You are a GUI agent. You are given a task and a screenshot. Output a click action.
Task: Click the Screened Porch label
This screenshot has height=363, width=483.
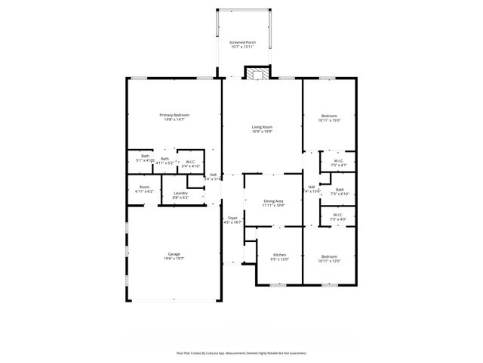(241, 42)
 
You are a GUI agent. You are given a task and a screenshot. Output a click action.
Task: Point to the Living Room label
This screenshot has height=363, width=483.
(262, 127)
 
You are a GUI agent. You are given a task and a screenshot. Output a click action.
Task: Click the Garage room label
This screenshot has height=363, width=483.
(174, 254)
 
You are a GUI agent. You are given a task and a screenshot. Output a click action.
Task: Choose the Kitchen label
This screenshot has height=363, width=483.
(279, 255)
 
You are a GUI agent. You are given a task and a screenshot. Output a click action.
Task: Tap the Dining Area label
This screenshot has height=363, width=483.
(273, 200)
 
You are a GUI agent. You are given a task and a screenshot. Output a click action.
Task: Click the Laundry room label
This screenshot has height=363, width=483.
(180, 193)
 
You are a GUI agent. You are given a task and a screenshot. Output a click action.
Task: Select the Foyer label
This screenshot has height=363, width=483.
(232, 219)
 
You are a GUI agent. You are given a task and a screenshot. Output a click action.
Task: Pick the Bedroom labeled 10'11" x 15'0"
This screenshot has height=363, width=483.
(329, 116)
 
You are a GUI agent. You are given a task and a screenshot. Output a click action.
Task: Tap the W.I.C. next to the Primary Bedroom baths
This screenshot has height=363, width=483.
(191, 161)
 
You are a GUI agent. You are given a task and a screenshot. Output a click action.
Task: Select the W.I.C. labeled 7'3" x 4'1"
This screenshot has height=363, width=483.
(339, 160)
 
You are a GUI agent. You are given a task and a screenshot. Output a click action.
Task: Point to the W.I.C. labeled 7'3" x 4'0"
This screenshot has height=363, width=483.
(339, 216)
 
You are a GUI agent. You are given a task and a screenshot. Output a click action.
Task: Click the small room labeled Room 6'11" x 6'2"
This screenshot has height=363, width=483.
(143, 188)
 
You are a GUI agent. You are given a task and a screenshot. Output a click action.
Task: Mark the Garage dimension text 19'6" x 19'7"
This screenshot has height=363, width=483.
(174, 259)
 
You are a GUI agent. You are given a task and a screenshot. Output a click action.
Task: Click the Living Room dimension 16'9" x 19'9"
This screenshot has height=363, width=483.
(262, 132)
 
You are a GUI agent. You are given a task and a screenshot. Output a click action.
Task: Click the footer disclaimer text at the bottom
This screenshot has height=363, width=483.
(241, 352)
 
